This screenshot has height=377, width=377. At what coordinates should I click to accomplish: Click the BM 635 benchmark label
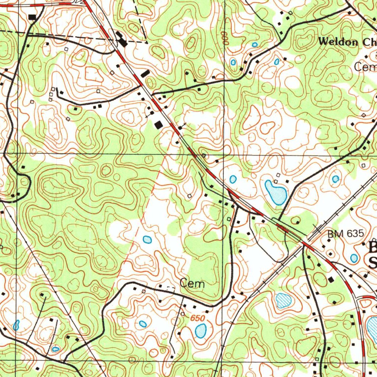pos(346,233)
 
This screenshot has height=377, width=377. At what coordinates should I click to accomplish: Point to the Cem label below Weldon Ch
pos(365,67)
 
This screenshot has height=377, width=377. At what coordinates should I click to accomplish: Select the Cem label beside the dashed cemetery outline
pos(192,283)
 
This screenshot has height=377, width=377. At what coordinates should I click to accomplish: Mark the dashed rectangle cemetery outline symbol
pos(167,289)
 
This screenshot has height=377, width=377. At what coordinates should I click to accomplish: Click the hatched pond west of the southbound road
pos(283,300)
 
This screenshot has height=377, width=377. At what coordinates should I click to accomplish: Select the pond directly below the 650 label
pos(200,331)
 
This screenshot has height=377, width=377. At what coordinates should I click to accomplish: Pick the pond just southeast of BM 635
pos(354,258)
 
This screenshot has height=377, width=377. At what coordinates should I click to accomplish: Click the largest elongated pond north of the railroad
pos(276,193)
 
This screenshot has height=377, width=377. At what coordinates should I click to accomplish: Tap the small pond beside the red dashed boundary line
pos(147,240)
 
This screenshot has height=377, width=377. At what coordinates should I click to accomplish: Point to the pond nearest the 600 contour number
pos(233,62)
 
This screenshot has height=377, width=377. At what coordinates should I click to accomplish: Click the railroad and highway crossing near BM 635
pos(305,241)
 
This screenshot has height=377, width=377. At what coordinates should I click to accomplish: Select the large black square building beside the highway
pos(159,125)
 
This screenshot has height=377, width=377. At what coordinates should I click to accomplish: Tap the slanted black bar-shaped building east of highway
pos(145,73)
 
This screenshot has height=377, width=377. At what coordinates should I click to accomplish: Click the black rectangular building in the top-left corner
pos(32,17)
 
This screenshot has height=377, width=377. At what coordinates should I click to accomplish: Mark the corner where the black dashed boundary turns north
pos(147,43)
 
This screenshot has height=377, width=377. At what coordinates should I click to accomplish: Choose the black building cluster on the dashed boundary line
pos(121,39)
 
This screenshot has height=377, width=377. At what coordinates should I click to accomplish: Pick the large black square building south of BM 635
pos(331,279)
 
